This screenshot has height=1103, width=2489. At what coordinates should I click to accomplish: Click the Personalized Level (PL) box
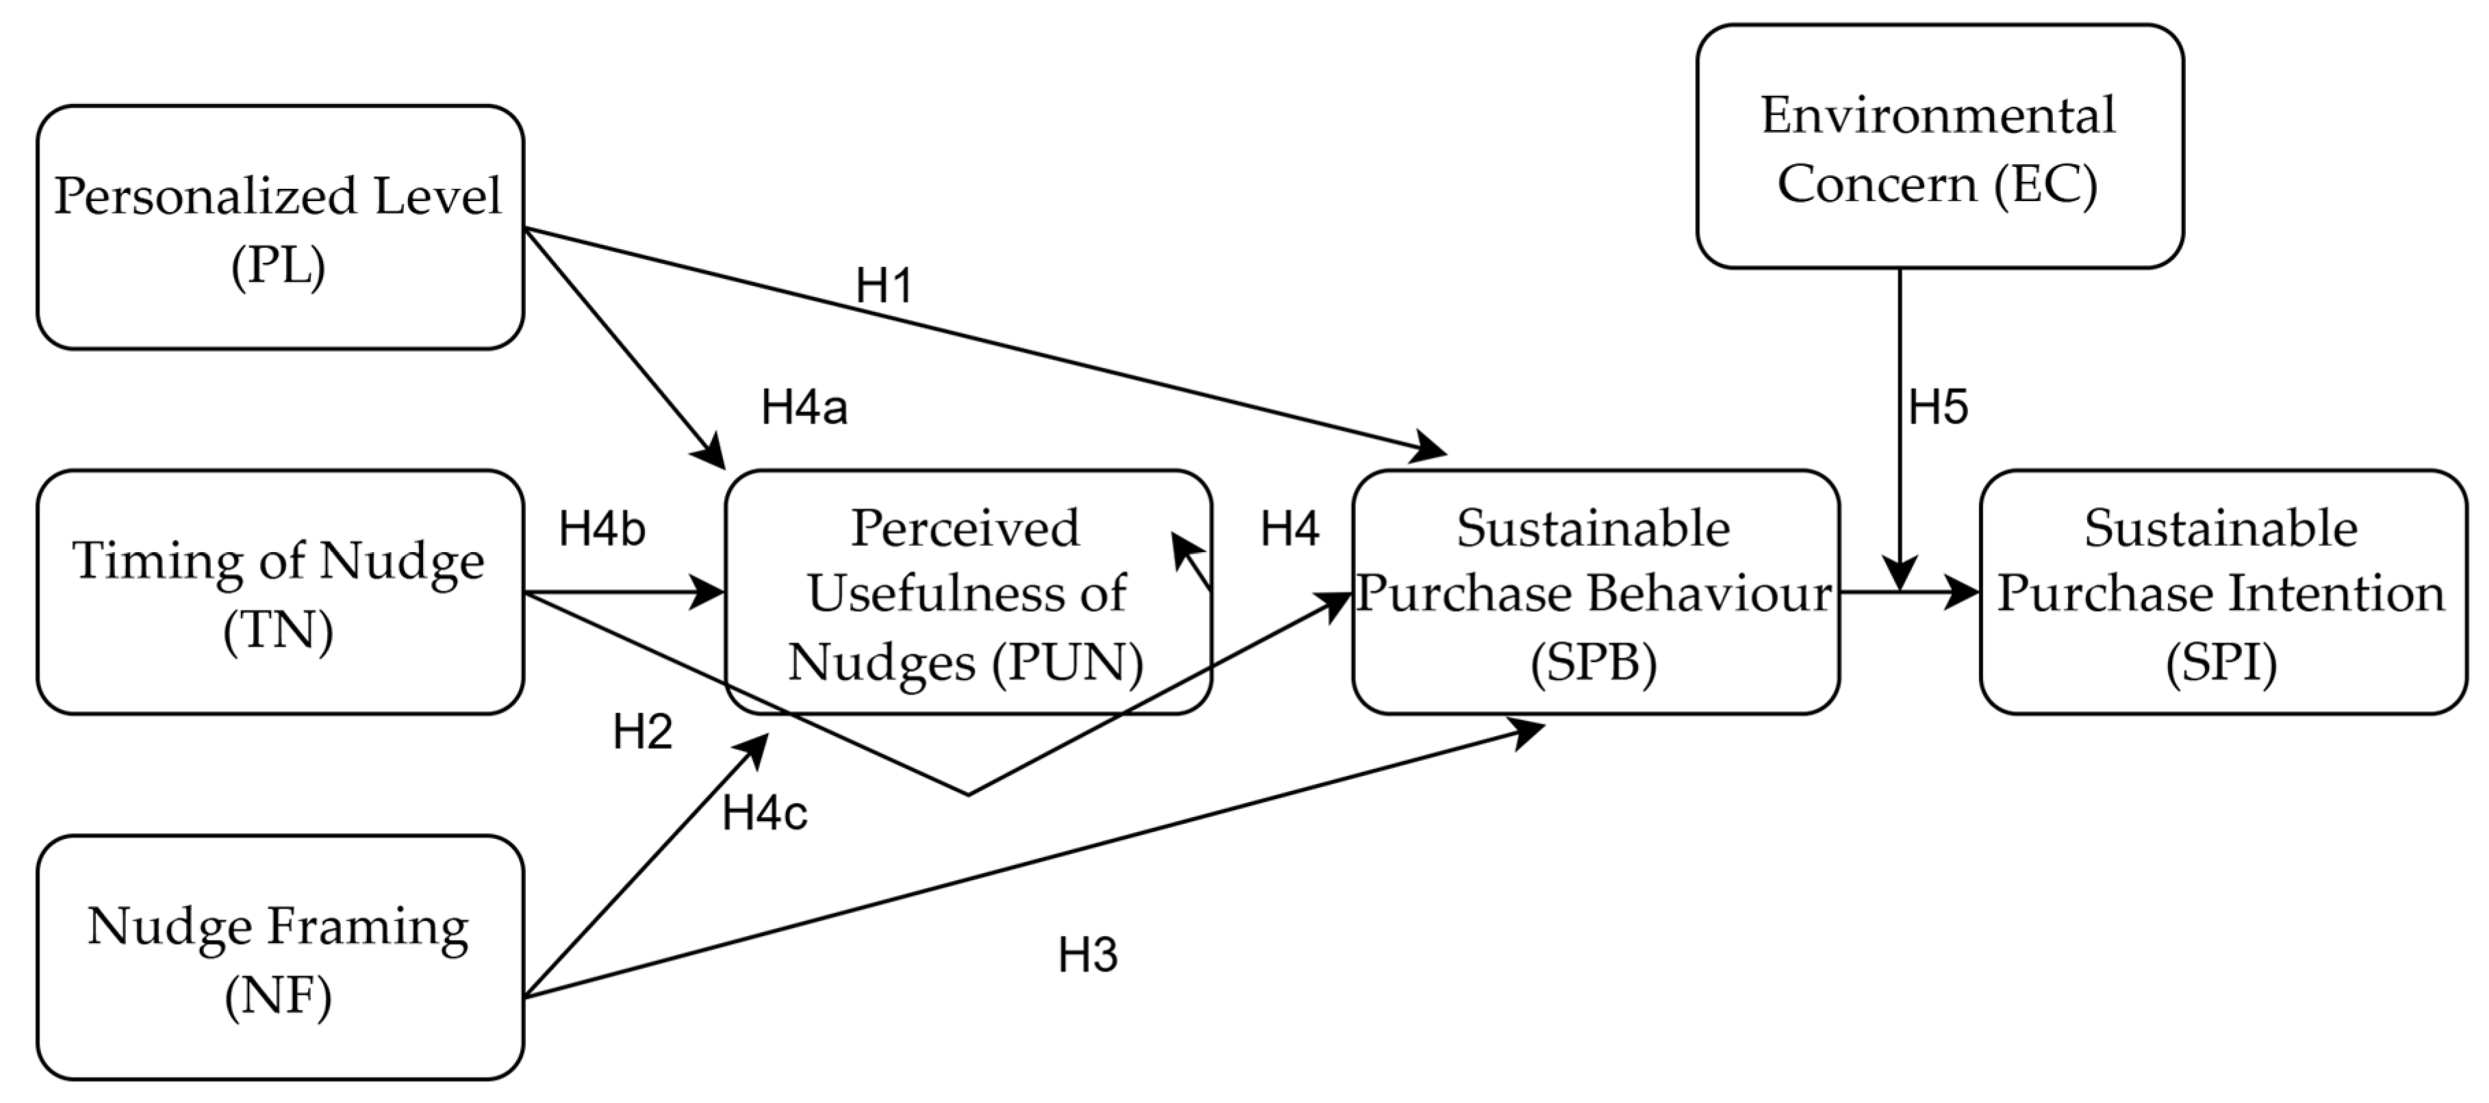coord(280,228)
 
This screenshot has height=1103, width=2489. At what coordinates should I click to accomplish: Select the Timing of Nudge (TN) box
coord(280,592)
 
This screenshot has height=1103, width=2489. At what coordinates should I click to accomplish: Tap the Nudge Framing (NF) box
coord(280,957)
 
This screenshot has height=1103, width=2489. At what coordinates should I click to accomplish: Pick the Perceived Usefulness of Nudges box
coord(967,592)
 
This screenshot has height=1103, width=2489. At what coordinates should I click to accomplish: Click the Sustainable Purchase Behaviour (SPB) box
coord(1594,592)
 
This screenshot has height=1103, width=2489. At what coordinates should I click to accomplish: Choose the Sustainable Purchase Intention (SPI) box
coord(2222,592)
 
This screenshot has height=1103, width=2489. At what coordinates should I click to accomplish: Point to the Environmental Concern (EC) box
coord(1939,147)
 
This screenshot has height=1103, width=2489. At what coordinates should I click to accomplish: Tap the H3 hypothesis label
coord(1088,955)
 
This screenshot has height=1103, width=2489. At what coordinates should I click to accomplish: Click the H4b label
coord(602,530)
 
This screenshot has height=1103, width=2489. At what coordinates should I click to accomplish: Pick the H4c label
coord(764,814)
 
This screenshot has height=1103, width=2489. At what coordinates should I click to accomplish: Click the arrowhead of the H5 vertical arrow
coord(1900,575)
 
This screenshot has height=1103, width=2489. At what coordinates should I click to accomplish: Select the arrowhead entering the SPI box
coord(1961,592)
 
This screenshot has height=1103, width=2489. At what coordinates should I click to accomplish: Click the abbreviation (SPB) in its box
coord(1594,662)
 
